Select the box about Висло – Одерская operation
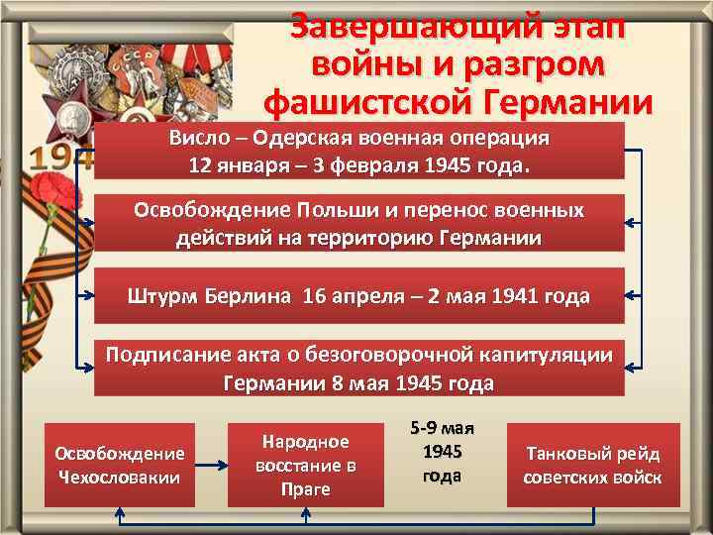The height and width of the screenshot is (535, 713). coord(359,151)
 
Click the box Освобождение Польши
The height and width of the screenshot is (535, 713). coord(359,224)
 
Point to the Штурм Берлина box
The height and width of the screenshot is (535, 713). coord(359,295)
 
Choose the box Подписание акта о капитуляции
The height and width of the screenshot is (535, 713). coord(359,369)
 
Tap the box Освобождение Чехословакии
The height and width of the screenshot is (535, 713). coord(120,466)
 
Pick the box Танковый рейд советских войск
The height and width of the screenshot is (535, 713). coord(593,466)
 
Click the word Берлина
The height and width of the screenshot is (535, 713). coord(247,296)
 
